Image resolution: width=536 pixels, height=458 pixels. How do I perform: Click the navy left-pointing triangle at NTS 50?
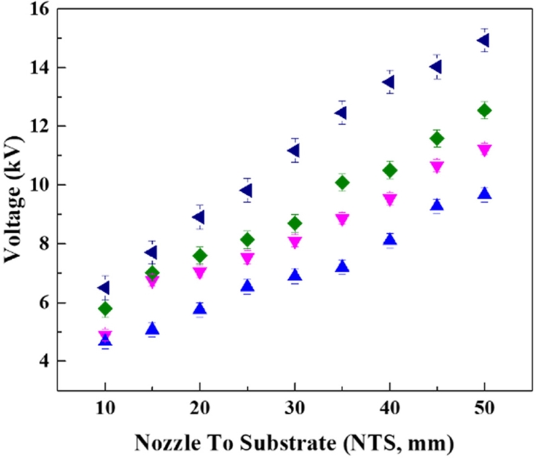[x=483, y=41]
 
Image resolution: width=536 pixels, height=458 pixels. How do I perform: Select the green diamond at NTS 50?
[x=484, y=110]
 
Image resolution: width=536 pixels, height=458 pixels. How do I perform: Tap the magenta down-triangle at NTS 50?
[x=484, y=150]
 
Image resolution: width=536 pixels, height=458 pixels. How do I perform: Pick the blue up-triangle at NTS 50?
[x=484, y=194]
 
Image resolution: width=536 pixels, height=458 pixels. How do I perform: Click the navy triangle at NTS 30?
[x=293, y=151]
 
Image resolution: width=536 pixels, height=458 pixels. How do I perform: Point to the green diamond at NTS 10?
[x=105, y=309]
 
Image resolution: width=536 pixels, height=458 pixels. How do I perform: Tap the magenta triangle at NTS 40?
[x=389, y=200]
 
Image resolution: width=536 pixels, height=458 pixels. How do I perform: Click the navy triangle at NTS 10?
[x=104, y=288]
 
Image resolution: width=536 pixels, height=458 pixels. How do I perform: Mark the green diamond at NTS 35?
[x=342, y=183]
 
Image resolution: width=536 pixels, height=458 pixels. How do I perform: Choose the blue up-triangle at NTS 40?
[x=389, y=239]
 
